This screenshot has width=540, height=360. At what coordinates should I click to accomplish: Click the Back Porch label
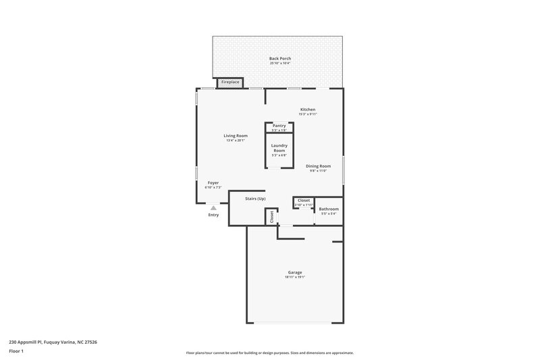coord(280,59)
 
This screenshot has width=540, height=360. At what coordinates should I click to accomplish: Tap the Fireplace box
coord(230,82)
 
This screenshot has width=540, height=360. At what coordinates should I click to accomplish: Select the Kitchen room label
coord(308,109)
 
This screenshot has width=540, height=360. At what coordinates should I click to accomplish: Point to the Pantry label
coord(279,126)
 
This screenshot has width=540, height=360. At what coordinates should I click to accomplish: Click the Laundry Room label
coord(279,148)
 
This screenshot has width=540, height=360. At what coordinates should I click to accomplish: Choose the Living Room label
coord(236,136)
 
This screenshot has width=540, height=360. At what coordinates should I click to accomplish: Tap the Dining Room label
coord(318,166)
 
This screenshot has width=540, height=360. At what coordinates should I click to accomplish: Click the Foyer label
coord(213,182)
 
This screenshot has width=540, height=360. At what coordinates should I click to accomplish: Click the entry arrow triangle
coord(213,208)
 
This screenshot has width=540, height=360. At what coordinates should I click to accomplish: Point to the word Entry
coord(213,215)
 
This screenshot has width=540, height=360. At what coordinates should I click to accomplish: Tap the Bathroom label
coord(329,209)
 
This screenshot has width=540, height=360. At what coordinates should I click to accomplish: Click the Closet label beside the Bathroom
coord(304,201)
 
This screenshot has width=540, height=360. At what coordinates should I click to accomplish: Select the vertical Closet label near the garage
coord(272,217)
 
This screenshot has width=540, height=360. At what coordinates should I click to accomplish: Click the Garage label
coord(295,272)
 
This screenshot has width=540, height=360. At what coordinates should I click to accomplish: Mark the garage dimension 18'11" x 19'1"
coord(295,277)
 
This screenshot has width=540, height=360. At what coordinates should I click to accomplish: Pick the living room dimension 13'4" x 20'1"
coord(236,140)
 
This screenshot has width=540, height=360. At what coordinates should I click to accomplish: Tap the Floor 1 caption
coord(17,351)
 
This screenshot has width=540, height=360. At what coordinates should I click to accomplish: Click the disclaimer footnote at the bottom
coord(270,353)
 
